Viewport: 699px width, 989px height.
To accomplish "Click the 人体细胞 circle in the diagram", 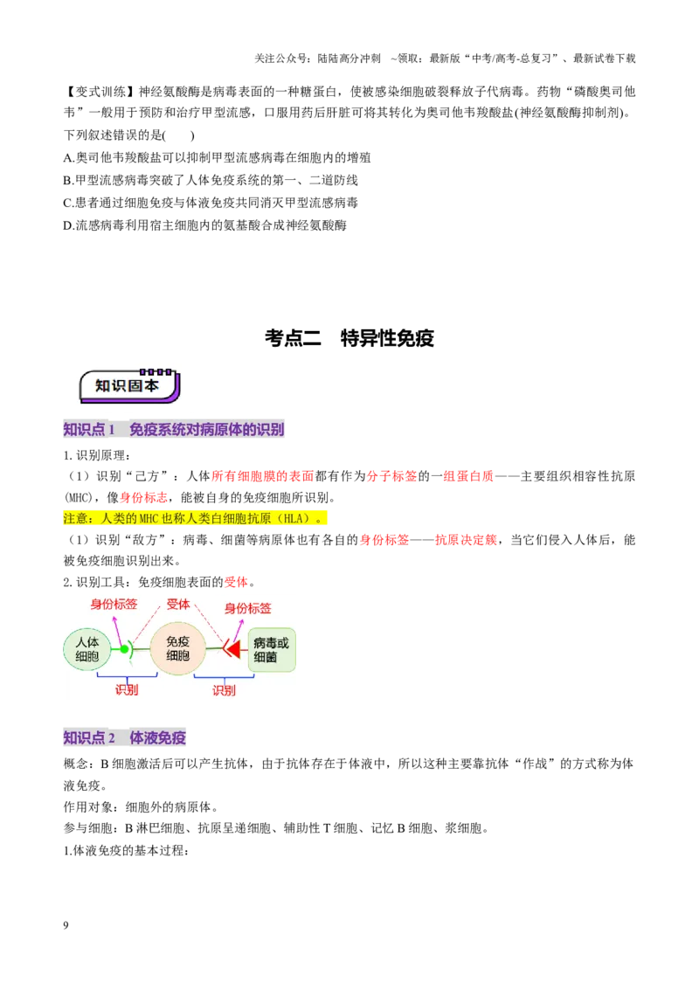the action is pyautogui.click(x=87, y=649).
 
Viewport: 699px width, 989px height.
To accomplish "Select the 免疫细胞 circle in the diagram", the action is pyautogui.click(x=178, y=648).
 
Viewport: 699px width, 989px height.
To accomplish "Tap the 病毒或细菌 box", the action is pyautogui.click(x=271, y=650).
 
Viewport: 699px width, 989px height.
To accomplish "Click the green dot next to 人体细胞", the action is pyautogui.click(x=124, y=649).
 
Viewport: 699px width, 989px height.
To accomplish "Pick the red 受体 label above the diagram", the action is pyautogui.click(x=178, y=605).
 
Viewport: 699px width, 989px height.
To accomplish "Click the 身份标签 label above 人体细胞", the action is pyautogui.click(x=114, y=605).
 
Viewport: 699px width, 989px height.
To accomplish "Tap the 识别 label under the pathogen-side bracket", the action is pyautogui.click(x=224, y=690).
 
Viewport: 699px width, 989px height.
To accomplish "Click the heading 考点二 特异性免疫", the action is pyautogui.click(x=349, y=338).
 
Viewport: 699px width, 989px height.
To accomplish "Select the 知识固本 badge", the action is pyautogui.click(x=129, y=385).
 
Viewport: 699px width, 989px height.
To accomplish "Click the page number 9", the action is pyautogui.click(x=66, y=925).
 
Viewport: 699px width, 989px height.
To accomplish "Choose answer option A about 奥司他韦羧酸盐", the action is pyautogui.click(x=217, y=157).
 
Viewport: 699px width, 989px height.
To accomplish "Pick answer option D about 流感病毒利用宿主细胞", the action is pyautogui.click(x=205, y=225).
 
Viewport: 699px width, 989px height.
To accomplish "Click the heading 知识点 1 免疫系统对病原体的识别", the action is pyautogui.click(x=174, y=430).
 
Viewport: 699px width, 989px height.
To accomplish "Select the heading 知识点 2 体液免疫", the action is pyautogui.click(x=124, y=738).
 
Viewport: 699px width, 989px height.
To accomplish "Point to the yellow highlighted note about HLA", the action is pyautogui.click(x=195, y=518).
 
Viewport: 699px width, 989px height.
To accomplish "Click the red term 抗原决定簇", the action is pyautogui.click(x=466, y=540).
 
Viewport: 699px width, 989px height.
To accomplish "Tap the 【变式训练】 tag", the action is pyautogui.click(x=100, y=92).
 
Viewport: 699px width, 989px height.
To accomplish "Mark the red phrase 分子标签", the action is pyautogui.click(x=391, y=476).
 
